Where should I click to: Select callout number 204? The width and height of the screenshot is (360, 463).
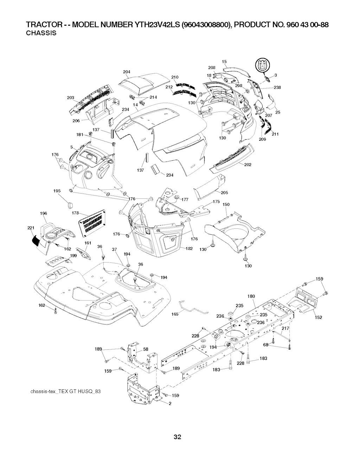(127, 72)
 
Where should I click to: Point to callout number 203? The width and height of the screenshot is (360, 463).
(70, 98)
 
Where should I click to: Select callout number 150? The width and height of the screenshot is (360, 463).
(226, 204)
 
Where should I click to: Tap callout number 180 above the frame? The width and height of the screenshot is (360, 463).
(251, 296)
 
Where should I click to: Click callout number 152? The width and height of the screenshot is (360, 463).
(319, 317)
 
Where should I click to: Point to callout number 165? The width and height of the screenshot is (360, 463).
(175, 314)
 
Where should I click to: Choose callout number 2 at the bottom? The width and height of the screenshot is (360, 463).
(170, 403)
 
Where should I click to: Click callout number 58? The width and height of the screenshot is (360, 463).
(146, 349)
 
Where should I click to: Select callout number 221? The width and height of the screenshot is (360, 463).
(31, 228)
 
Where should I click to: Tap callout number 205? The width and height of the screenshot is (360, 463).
(225, 192)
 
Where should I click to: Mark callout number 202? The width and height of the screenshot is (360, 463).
(247, 165)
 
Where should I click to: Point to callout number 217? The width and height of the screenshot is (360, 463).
(285, 328)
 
